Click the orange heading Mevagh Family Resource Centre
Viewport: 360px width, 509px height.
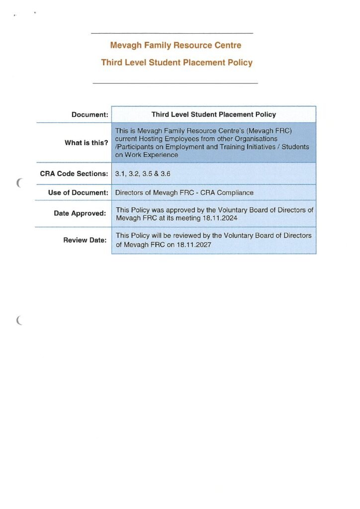pos(176,45)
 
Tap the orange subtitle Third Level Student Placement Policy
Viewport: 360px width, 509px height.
pos(177,63)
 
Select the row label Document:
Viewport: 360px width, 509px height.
pos(90,114)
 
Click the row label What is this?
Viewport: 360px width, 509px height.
pos(86,143)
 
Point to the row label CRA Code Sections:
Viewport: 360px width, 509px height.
pos(74,174)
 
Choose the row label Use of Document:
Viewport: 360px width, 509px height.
pos(78,192)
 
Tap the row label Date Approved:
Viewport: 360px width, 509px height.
pos(80,213)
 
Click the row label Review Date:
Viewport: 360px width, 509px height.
pos(85,240)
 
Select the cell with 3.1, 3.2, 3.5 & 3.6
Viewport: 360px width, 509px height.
pos(143,174)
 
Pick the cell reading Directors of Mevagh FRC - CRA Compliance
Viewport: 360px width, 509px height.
pos(184,192)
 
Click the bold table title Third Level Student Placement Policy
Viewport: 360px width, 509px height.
pos(213,114)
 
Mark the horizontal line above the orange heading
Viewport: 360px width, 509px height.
pos(172,33)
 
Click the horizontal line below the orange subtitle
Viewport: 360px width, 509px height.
pos(175,83)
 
